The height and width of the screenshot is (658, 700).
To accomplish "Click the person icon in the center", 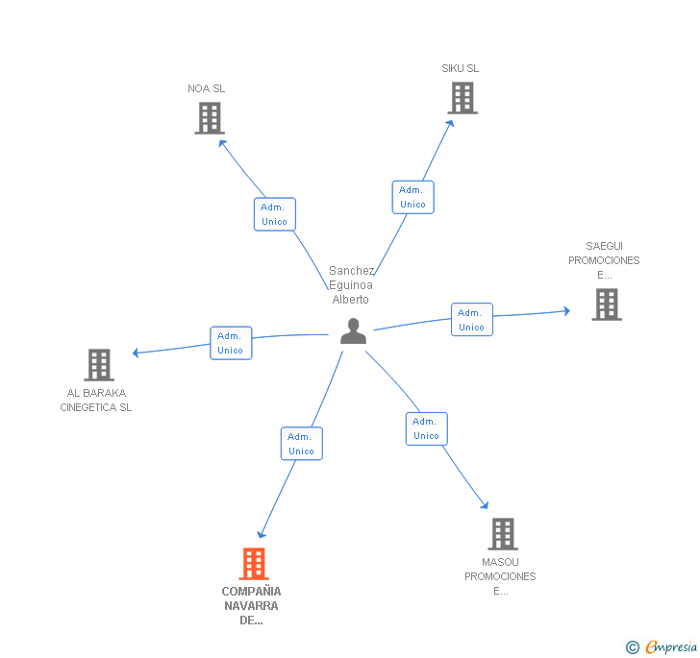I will click(x=354, y=331).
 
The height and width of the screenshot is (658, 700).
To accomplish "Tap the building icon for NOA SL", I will click(x=209, y=118).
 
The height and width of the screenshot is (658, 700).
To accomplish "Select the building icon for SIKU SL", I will click(x=462, y=98).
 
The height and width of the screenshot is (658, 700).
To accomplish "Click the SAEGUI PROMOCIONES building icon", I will click(x=606, y=305).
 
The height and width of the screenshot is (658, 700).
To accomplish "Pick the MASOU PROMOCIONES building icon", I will click(x=502, y=534).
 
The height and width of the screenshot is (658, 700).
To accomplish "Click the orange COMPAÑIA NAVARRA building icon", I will click(x=253, y=564).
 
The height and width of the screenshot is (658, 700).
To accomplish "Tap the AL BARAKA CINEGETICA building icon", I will click(x=99, y=365).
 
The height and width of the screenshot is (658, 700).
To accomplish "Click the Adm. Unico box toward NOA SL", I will click(x=274, y=214).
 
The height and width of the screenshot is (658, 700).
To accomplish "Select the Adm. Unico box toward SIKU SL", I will click(x=412, y=197).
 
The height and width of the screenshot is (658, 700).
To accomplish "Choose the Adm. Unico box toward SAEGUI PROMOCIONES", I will click(x=471, y=320).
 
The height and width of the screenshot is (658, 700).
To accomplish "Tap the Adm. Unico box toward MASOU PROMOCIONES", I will click(x=426, y=428).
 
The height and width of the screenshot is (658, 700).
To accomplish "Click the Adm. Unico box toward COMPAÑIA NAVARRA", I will click(x=301, y=444).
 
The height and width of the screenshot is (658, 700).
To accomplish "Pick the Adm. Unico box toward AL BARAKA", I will click(x=231, y=343).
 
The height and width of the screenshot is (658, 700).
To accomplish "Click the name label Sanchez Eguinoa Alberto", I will click(x=351, y=285).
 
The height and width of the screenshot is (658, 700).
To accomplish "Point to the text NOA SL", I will click(x=207, y=88).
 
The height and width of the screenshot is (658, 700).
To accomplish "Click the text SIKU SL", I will click(x=461, y=68).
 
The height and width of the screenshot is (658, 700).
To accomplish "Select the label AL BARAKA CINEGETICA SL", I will click(x=96, y=400).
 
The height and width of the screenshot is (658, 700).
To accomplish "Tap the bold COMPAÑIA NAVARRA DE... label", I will click(x=251, y=605).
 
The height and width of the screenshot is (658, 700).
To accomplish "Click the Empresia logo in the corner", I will click(x=662, y=646).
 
